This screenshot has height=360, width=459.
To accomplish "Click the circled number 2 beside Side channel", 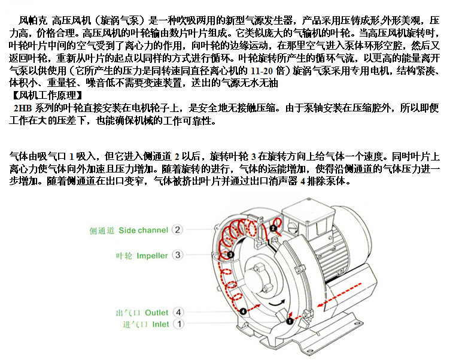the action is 177,229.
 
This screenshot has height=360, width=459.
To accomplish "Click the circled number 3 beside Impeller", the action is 178,255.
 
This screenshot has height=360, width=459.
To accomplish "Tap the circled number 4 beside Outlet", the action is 178,312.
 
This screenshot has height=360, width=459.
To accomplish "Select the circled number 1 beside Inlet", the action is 179,324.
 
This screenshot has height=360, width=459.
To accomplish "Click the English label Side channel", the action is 144,230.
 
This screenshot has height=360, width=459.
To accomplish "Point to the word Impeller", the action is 152,256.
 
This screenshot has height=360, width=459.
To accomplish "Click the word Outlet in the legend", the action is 157,313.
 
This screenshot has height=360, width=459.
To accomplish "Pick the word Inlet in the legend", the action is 161,325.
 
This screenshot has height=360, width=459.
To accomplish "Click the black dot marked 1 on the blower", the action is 290,321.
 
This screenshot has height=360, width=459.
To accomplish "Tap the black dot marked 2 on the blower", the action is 273,228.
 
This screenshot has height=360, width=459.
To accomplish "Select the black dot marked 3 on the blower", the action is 230,255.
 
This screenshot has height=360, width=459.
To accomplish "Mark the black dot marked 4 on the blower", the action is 243,311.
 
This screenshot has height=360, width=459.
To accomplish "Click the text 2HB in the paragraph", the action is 23,108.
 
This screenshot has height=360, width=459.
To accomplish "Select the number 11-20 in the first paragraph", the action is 262,71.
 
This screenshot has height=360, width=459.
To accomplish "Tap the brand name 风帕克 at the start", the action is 33,20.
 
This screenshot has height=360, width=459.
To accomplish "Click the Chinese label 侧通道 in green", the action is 102,231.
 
